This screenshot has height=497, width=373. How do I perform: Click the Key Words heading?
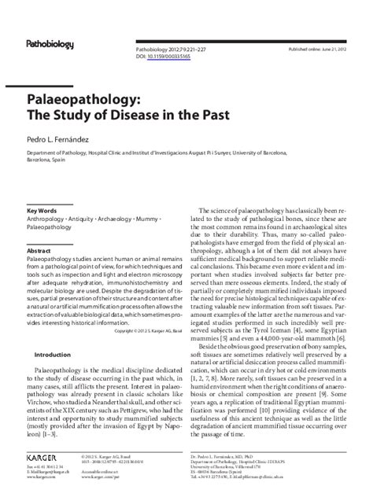tap(42, 212)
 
